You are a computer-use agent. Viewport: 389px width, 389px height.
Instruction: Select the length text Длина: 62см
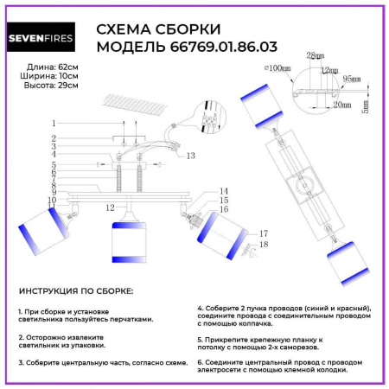[x=43, y=66]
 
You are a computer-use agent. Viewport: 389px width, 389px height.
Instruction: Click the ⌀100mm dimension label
[x=277, y=67]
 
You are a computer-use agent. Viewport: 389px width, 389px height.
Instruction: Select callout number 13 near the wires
[x=190, y=156]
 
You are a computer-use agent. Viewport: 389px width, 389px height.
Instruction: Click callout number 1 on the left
[x=53, y=123]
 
